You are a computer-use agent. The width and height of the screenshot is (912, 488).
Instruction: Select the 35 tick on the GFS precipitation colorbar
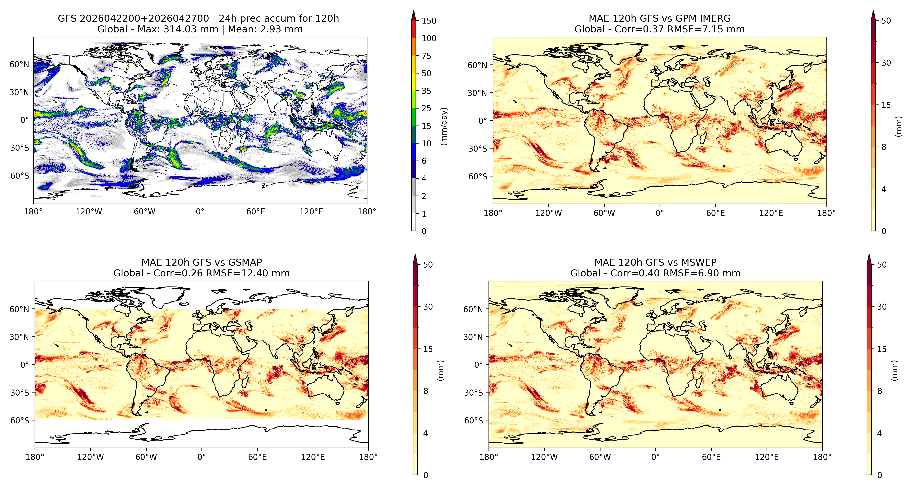(426, 91)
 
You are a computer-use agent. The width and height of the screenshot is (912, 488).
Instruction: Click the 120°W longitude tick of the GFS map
(89, 212)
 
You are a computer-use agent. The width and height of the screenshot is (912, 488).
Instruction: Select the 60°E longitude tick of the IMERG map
(715, 213)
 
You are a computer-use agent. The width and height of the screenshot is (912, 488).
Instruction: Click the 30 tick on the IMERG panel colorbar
(886, 63)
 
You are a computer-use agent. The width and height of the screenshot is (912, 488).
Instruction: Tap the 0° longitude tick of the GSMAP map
(201, 457)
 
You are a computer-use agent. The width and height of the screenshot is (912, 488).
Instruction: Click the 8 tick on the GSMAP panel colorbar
(426, 391)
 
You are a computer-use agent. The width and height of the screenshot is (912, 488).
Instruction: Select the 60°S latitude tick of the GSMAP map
(20, 421)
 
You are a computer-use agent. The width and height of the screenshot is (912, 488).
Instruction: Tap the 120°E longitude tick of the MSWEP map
(767, 457)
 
